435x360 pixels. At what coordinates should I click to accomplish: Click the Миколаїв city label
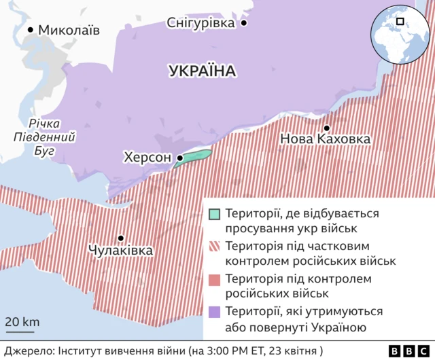coord(69,30)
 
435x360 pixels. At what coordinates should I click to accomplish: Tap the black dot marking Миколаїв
coord(31,30)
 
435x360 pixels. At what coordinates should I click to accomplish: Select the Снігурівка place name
coord(201,23)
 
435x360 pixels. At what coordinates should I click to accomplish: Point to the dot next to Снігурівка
coord(243,23)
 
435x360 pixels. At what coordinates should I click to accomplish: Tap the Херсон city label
coord(147,158)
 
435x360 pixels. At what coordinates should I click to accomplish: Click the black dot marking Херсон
coord(179,158)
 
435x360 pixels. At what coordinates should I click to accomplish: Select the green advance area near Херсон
coord(193,157)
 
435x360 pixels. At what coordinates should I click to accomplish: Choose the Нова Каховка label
coord(326,139)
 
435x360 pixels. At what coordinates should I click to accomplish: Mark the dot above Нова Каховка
coord(327,128)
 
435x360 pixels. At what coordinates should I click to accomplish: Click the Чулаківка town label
coord(120,251)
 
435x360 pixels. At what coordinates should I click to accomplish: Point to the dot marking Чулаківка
coord(120,238)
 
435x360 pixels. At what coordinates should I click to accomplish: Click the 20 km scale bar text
coord(22,321)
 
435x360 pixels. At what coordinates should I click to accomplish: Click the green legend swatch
coord(215,214)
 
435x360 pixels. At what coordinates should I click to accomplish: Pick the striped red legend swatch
coord(215,247)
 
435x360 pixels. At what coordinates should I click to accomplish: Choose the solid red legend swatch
coord(215,279)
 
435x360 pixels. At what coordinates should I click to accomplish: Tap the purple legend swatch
coord(215,312)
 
